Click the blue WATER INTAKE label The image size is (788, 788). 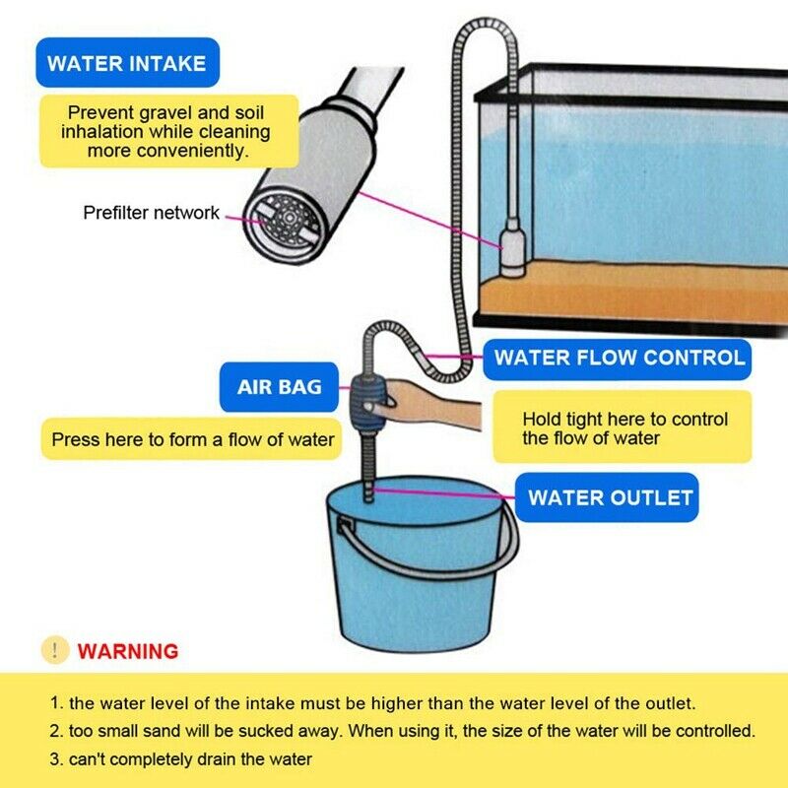click(x=127, y=64)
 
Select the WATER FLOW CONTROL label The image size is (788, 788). click(x=618, y=358)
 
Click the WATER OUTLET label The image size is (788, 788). click(x=609, y=497)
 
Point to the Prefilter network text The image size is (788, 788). click(x=151, y=213)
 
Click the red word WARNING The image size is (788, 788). click(x=128, y=651)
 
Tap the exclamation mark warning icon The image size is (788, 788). click(x=55, y=650)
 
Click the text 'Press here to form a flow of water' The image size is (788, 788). click(x=193, y=439)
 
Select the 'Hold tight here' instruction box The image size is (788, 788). click(x=623, y=427)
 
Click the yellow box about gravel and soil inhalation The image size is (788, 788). click(x=165, y=131)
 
